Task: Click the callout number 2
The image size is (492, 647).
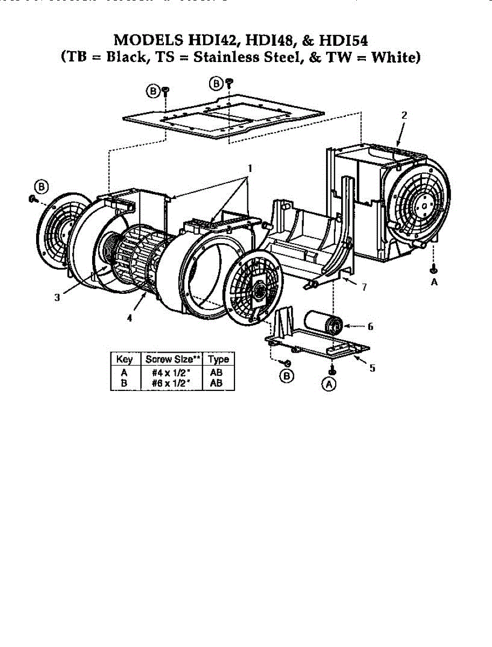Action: click(x=404, y=115)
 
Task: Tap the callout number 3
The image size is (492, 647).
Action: click(x=57, y=298)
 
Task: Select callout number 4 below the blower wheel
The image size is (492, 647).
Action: click(x=130, y=319)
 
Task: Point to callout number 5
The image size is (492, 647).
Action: click(x=372, y=368)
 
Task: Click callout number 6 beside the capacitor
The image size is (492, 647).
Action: click(x=370, y=326)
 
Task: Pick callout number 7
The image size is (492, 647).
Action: click(x=364, y=287)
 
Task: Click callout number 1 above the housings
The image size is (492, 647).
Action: click(x=248, y=167)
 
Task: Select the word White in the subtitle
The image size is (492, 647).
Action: click(x=394, y=57)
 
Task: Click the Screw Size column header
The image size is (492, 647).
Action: click(x=172, y=359)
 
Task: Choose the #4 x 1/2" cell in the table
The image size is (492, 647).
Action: click(x=172, y=373)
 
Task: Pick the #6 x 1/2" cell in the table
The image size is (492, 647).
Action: click(x=172, y=383)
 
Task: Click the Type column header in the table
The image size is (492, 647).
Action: click(x=219, y=359)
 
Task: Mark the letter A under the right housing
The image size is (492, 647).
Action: click(x=434, y=281)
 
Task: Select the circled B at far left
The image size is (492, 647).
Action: click(x=41, y=187)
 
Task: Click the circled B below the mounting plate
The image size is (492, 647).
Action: click(x=288, y=375)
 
